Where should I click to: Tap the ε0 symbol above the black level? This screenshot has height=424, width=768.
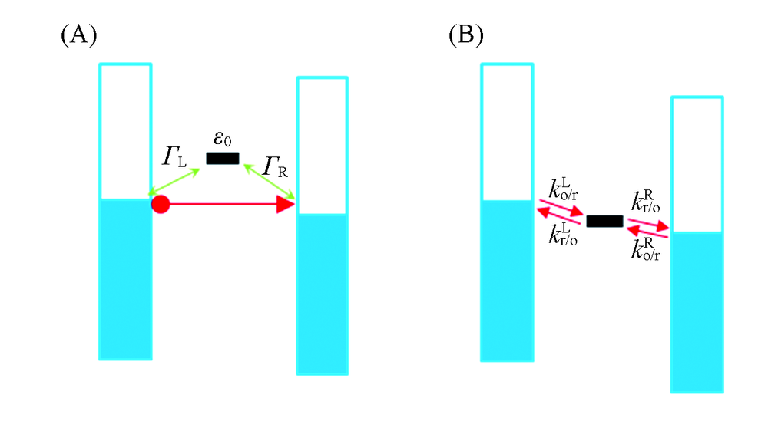point(223,140)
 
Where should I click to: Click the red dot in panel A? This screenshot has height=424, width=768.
point(160,205)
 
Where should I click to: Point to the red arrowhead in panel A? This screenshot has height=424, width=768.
point(286,205)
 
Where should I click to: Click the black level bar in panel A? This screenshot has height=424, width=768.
point(223,159)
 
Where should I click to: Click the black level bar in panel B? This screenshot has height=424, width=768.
point(604,222)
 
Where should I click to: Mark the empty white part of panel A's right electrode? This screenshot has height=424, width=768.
point(323,145)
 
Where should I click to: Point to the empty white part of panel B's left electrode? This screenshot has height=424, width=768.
point(506,131)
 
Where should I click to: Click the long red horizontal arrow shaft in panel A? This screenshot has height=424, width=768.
point(223,205)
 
